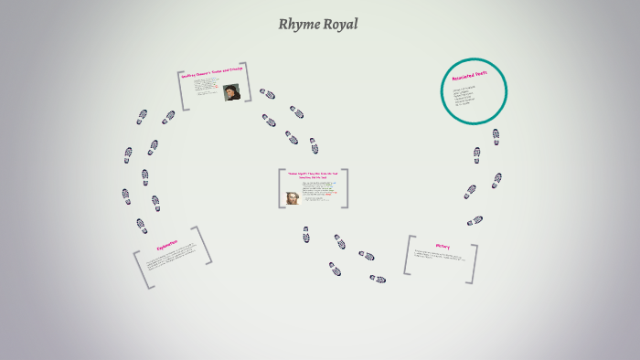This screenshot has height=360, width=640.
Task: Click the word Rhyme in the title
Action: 297,25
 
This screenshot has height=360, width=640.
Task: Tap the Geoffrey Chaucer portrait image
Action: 231,91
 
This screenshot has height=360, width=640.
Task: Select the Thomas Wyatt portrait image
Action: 293,197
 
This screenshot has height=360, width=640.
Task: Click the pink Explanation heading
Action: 165,247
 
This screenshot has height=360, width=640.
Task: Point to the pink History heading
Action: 443,247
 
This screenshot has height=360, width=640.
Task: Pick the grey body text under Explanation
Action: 170,261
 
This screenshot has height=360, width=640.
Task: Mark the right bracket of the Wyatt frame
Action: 346,188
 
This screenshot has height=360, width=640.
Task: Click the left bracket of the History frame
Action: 408,255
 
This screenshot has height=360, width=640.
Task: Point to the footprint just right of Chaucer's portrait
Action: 267,93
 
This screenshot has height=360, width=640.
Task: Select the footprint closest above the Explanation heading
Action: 142,225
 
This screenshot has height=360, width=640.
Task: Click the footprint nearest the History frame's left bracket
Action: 377,279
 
